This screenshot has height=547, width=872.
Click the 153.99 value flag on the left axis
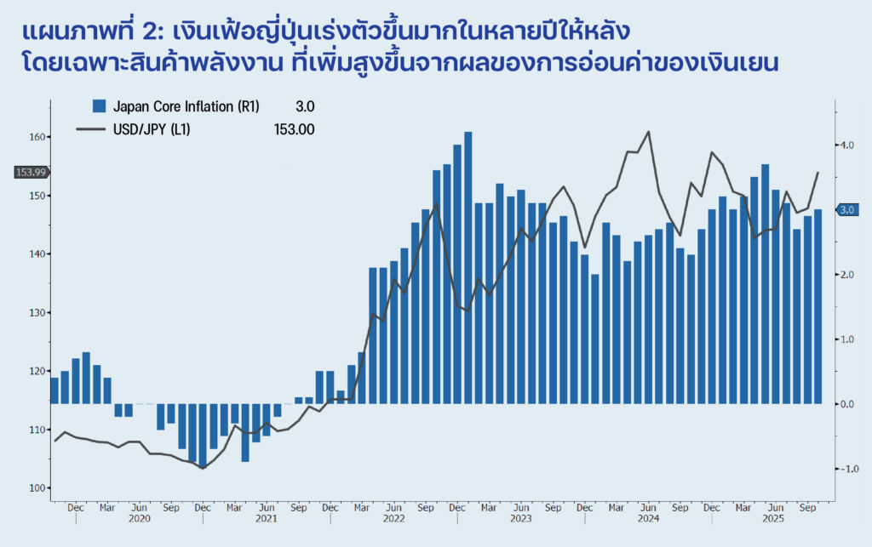pyautogui.click(x=32, y=173)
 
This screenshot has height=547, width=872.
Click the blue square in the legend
pyautogui.click(x=99, y=106)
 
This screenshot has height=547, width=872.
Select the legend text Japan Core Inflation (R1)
pyautogui.click(x=186, y=106)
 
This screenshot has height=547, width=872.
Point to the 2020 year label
pyautogui.click(x=139, y=518)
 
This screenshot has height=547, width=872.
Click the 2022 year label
pyautogui.click(x=393, y=518)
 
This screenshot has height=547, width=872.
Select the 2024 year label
pyautogui.click(x=648, y=518)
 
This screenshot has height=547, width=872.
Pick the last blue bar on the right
pyautogui.click(x=817, y=306)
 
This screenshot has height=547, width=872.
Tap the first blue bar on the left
pyautogui.click(x=54, y=390)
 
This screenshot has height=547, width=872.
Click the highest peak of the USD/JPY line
pyautogui.click(x=649, y=132)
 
